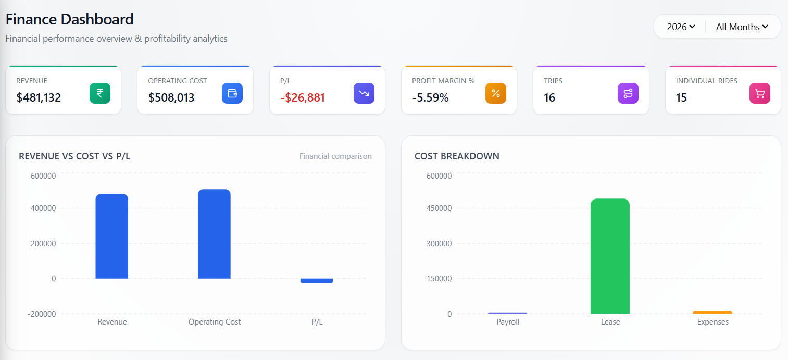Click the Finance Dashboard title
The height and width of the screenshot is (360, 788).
point(70,20)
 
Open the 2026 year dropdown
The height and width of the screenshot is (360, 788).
point(681,27)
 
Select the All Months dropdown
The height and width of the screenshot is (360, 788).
point(742,27)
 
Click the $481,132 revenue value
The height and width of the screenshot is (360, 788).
point(39,97)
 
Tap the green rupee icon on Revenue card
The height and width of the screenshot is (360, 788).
point(100,93)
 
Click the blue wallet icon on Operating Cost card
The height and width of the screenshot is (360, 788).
point(232,93)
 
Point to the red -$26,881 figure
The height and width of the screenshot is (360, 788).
point(303,97)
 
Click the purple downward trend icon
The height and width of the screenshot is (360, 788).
point(364,93)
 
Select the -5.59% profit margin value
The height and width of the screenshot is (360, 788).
point(430,97)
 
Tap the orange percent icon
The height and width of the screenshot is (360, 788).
point(496,93)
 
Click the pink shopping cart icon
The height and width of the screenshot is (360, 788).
point(760,93)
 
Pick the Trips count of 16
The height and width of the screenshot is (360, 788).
point(549,97)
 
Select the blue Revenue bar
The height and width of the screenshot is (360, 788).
point(112,237)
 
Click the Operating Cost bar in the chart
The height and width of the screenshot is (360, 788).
point(214,234)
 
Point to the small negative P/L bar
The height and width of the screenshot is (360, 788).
point(317,281)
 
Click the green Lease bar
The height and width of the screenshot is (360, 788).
point(610,256)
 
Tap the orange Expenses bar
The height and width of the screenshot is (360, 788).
point(712,313)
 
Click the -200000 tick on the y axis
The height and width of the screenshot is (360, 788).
point(44,314)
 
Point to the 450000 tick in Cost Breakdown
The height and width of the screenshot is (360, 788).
point(439,208)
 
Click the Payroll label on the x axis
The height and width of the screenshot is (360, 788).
point(508,322)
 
